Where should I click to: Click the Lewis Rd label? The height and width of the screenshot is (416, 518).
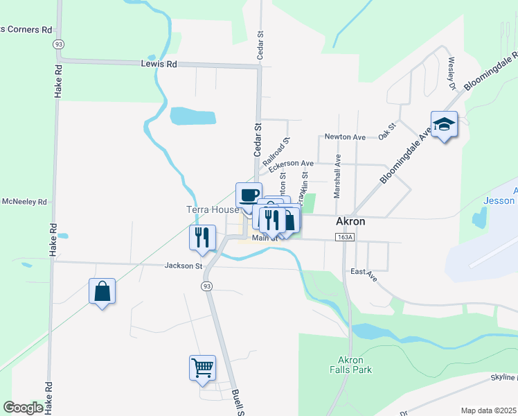click(x=159, y=64)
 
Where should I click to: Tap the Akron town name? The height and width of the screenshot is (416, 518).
click(x=350, y=222)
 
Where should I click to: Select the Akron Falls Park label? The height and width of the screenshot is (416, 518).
click(x=355, y=365)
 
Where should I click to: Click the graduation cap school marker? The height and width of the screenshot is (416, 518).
click(x=444, y=124)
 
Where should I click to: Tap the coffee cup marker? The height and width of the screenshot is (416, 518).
click(x=249, y=195)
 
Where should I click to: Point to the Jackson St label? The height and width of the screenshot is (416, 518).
click(x=183, y=266)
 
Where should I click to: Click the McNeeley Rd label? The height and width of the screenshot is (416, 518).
click(x=24, y=202)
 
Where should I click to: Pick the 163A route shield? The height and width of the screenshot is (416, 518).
click(x=343, y=237)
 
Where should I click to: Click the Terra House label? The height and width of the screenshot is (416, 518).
click(x=212, y=209)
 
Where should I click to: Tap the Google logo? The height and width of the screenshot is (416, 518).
click(x=23, y=408)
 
